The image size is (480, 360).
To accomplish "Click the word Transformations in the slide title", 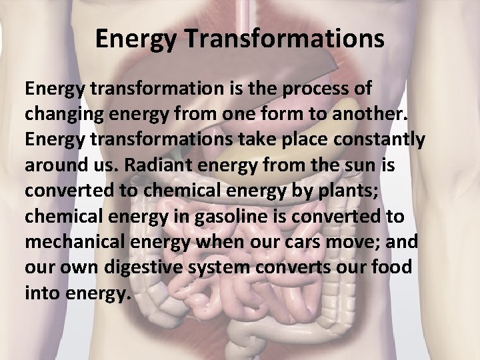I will (283, 39).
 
